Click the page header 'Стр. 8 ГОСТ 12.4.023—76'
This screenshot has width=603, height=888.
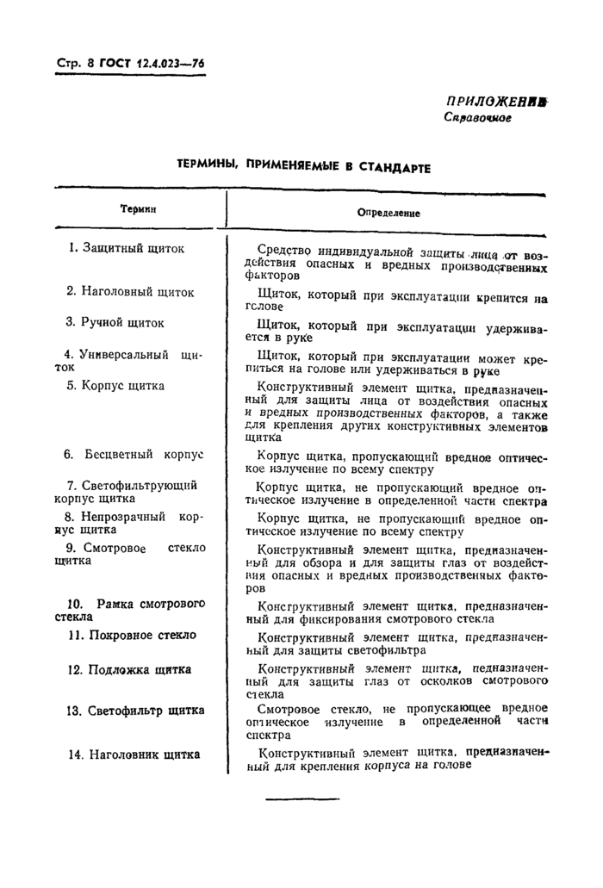tap(128, 63)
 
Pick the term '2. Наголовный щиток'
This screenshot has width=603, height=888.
tap(130, 291)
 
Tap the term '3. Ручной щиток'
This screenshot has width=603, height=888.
tap(115, 322)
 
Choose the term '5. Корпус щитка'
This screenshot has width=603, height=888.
tap(115, 385)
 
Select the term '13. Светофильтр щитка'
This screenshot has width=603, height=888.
tap(135, 711)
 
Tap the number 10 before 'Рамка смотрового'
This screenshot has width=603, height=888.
tap(75, 603)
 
